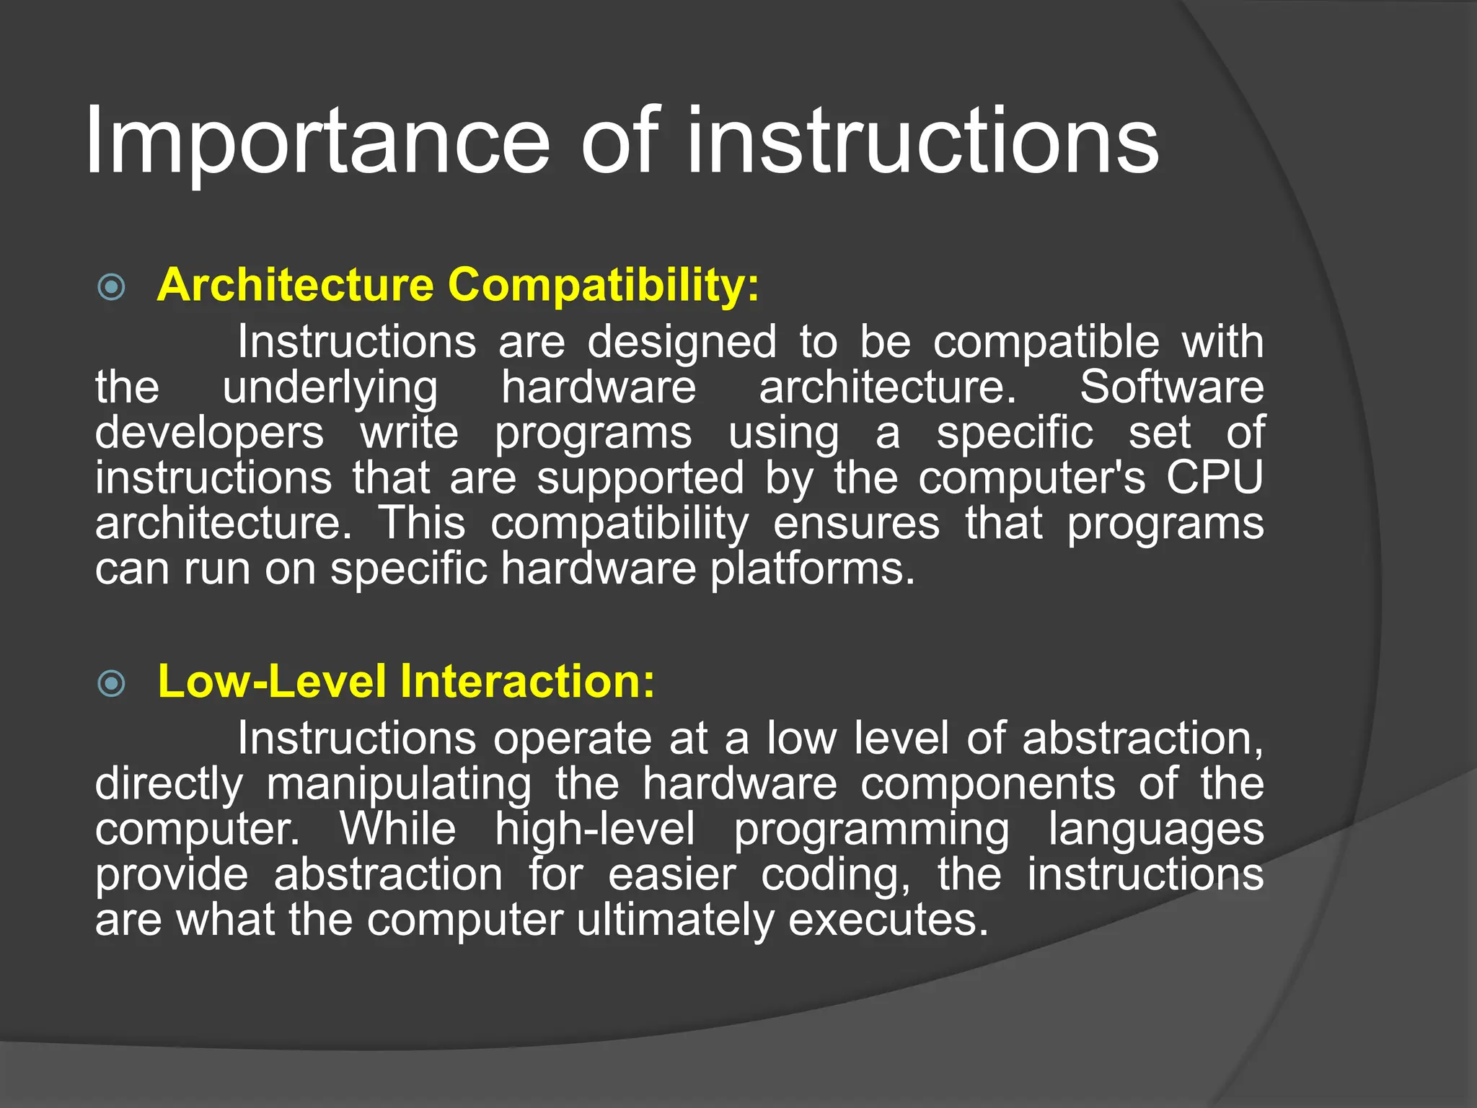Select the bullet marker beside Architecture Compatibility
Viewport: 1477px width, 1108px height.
coord(111,287)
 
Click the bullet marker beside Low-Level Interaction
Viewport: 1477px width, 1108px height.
coord(111,683)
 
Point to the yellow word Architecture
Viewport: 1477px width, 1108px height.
coord(295,285)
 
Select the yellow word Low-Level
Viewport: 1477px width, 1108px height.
coord(271,681)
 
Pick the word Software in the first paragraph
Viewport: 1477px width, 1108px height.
coord(1171,387)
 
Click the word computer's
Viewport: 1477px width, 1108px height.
coord(1031,479)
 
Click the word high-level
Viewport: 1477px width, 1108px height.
coord(595,830)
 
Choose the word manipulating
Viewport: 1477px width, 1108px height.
coord(400,785)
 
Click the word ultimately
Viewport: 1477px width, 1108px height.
coord(674,921)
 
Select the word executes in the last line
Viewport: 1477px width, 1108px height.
coord(887,921)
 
